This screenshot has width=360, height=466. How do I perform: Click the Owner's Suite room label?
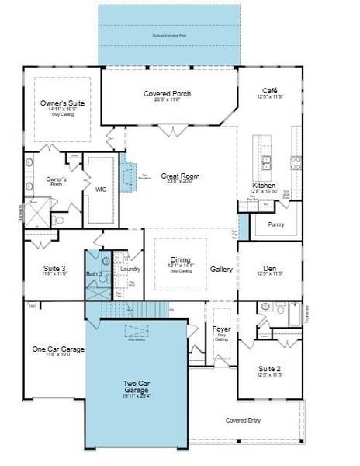[x=62, y=103]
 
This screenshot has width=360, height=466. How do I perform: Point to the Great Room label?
[x=180, y=176]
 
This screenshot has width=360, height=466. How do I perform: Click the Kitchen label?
[x=263, y=186]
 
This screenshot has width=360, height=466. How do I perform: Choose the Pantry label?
[x=276, y=224]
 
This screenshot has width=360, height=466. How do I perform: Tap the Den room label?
[x=270, y=269]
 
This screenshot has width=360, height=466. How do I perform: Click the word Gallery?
[x=221, y=269]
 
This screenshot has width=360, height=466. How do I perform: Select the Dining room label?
[x=180, y=259]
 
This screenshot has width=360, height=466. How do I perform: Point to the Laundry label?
[x=130, y=269]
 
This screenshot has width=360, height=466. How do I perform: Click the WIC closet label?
[x=101, y=189]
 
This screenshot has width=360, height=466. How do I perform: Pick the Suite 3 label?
[x=55, y=269]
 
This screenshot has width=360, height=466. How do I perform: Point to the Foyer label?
[x=221, y=329]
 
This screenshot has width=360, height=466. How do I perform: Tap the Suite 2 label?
[x=270, y=369]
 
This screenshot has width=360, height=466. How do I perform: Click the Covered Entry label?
[x=244, y=420]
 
